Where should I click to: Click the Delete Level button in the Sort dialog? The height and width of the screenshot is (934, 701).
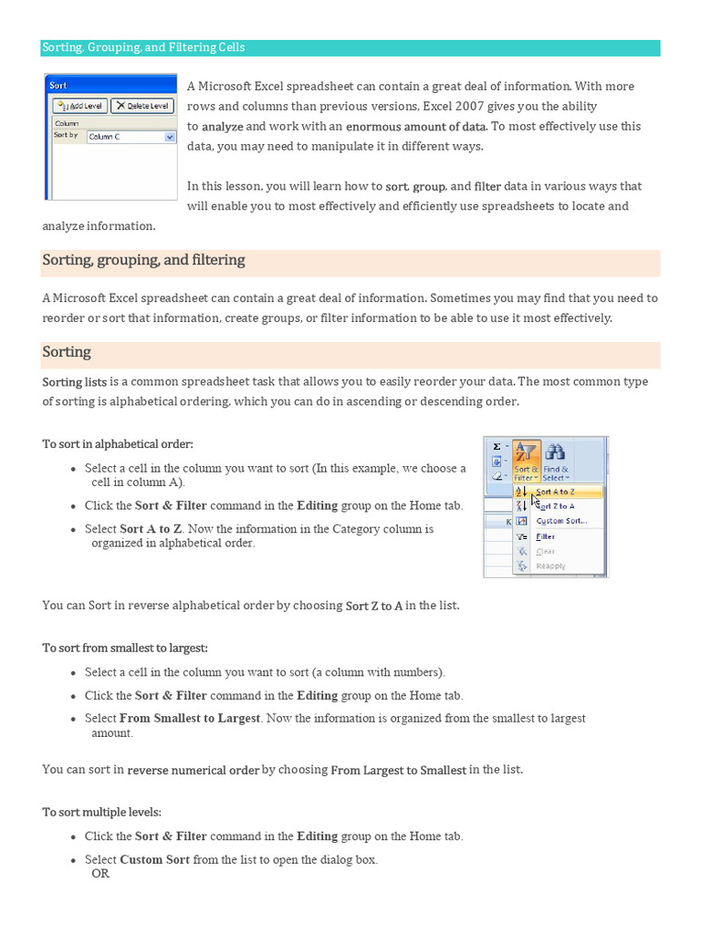point(142,106)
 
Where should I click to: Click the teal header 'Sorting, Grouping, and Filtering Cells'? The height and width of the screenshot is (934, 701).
point(144,47)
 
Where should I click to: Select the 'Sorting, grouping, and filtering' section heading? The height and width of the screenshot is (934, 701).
point(143,261)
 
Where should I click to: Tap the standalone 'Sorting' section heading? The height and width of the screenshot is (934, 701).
point(67,352)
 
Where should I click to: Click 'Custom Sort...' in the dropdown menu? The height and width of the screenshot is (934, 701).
point(560,521)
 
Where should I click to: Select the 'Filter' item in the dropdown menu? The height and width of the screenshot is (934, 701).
point(545,536)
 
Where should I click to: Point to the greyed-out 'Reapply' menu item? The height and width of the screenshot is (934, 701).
point(550,566)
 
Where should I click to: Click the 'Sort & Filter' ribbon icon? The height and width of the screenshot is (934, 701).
point(526,462)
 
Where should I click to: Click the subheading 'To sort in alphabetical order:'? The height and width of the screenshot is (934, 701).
point(118,444)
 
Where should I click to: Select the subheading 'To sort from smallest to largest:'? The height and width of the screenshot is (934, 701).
point(125,649)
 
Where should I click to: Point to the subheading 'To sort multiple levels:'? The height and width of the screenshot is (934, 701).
point(101,812)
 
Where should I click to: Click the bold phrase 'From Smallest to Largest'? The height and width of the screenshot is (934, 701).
point(190,719)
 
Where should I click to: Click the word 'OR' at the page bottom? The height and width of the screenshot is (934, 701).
point(100,874)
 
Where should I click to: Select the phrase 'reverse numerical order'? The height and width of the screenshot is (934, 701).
point(194,770)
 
